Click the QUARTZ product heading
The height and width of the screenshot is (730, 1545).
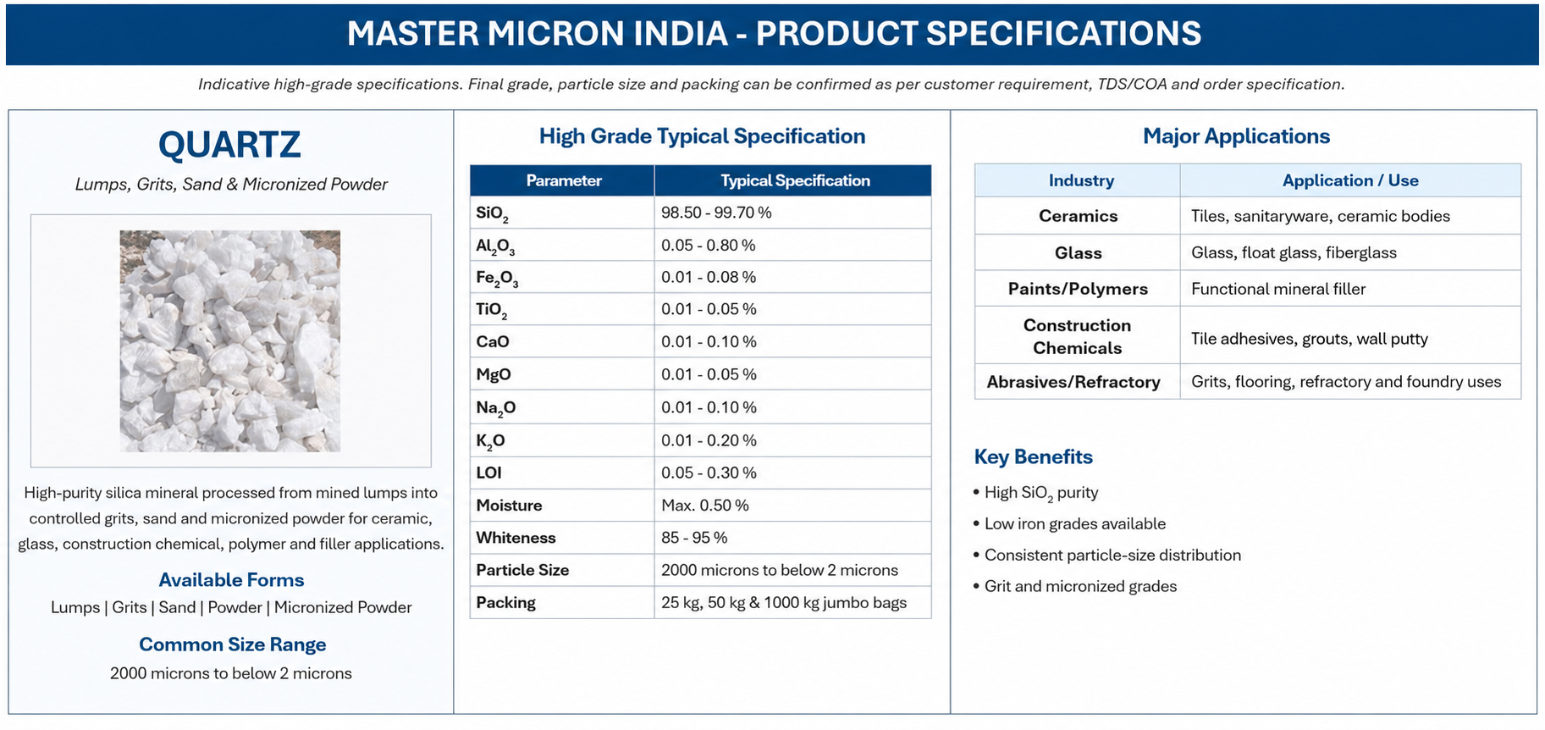pos(229,145)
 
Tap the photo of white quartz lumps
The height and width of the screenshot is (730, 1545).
pos(230,340)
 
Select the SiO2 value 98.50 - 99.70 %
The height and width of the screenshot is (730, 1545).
pos(716,213)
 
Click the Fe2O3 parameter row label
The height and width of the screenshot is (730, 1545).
pos(497,278)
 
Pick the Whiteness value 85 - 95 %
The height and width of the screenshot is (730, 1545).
pos(694,538)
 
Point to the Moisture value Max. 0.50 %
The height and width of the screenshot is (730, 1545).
pos(705,506)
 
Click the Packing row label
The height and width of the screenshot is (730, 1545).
pos(506,603)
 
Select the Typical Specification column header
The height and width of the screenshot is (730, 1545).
pos(795,180)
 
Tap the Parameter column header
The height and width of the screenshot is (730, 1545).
pos(564,180)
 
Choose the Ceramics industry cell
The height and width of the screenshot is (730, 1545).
pos(1078,216)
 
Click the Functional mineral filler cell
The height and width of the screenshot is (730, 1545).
pos(1278,289)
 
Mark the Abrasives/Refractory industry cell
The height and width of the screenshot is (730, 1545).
pos(1073,382)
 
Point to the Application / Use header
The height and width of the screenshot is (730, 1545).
pos(1350,180)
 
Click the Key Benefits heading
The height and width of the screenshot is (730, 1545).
pos(1034,457)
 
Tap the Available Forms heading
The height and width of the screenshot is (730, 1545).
pos(231,580)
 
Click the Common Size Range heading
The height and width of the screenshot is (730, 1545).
pos(233,644)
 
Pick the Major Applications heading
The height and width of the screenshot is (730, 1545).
pos(1236,136)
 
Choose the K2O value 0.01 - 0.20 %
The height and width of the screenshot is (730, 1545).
pos(709,440)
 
